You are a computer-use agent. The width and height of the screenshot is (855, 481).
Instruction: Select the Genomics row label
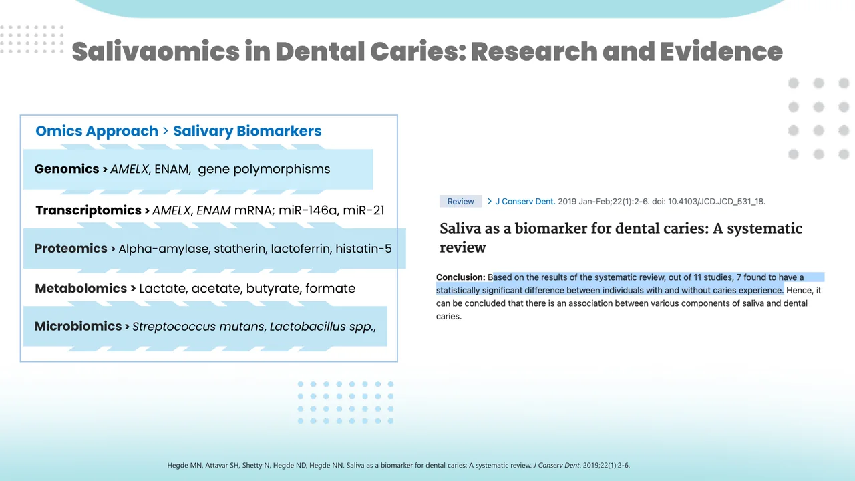[x=67, y=169]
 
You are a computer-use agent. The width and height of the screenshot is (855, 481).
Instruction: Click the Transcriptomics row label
[x=88, y=210]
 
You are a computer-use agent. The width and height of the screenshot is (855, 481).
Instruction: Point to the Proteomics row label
[x=71, y=249]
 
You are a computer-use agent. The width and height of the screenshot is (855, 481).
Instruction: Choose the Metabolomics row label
[x=81, y=289]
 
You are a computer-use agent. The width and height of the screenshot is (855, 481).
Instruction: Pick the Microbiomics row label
[x=78, y=327]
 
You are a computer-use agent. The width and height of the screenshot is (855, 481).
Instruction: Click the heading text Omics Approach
[x=97, y=131]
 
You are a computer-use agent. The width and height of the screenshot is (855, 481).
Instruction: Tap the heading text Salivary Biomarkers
[x=247, y=131]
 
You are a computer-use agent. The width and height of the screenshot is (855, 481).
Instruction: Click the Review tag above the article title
[x=460, y=202]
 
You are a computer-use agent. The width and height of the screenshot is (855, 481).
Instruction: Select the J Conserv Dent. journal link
[x=525, y=202]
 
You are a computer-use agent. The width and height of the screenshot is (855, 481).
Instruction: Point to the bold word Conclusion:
[x=460, y=277]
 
